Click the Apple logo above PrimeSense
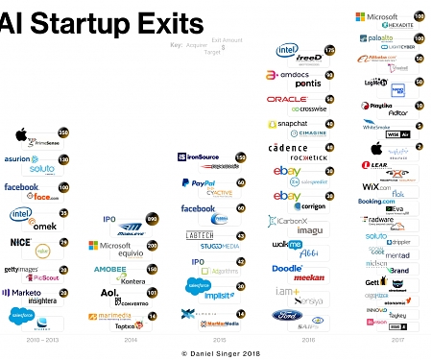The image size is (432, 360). click(20, 133)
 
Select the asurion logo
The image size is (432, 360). click(21, 159)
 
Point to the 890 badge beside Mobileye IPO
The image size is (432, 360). click(152, 220)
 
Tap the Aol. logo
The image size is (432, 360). click(109, 293)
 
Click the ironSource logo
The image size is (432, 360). click(202, 156)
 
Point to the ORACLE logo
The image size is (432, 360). click(287, 99)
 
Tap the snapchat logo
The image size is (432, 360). click(286, 124)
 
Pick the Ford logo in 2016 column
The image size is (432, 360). click(285, 315)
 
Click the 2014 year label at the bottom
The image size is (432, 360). click(130, 338)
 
